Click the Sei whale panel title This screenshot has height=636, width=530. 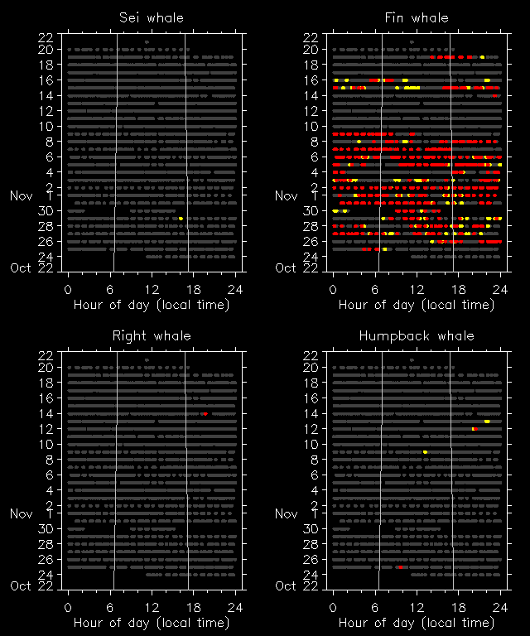pos(152,17)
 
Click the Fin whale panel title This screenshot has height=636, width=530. pos(417,17)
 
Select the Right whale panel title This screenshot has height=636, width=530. pos(152,335)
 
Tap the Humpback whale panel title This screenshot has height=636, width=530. pos(417,335)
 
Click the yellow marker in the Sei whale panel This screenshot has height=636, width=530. pos(181,218)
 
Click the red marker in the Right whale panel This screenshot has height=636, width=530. pos(204,413)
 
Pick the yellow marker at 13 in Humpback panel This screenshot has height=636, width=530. pos(487,422)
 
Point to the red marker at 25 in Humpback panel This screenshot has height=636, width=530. pos(400,567)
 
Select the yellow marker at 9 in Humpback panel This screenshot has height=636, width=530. pos(425,452)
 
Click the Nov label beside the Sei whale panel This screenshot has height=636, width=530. pos(21,195)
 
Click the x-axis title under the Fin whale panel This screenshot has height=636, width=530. pos(417,304)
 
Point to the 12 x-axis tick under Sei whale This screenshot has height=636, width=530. pos(152,288)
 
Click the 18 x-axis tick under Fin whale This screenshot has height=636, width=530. pos(459,288)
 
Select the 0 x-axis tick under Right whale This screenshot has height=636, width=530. pos(68,606)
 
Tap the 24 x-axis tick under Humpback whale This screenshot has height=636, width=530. pos(500,606)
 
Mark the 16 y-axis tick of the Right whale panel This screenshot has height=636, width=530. pos(46,397)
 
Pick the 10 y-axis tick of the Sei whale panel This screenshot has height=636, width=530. pos(46,126)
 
